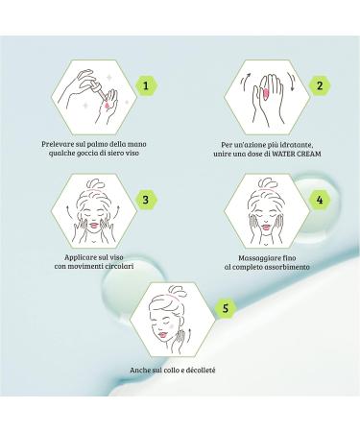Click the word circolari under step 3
point(115,267)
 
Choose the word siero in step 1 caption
point(108,152)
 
